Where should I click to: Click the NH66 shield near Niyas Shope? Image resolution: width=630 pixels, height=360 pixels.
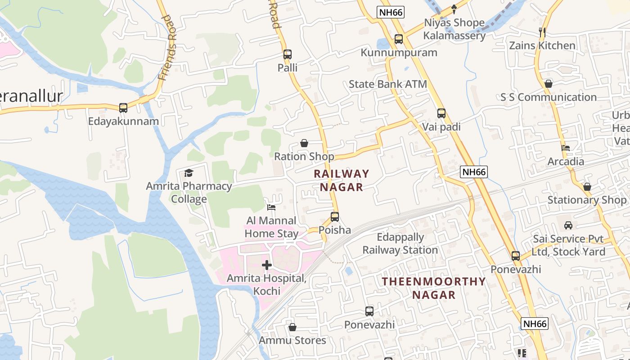390,12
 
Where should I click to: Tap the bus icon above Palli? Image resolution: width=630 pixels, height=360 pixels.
288,54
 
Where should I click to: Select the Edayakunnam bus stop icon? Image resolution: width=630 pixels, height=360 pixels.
123,108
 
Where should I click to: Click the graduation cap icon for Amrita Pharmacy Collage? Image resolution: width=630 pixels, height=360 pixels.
189,173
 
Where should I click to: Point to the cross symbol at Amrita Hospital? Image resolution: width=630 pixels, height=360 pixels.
267,265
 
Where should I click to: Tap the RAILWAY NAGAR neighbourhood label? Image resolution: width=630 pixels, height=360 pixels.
341,180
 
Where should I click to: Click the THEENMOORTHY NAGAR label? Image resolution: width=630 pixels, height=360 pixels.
434,288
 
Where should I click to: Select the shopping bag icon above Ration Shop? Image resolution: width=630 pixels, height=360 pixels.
304,144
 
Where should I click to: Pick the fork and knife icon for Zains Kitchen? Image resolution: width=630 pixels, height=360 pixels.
542,32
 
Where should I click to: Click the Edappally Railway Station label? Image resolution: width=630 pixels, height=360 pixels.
400,244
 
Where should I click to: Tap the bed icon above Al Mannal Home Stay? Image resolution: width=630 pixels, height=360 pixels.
271,207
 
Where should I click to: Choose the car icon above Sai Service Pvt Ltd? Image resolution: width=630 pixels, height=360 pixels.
568,225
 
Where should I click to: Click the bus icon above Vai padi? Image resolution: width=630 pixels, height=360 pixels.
441,113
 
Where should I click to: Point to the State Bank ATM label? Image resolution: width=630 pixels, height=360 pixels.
388,84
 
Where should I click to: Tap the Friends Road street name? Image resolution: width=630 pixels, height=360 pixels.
168,47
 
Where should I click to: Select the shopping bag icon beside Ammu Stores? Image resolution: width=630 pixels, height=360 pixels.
292,327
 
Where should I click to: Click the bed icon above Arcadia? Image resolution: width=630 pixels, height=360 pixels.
566,148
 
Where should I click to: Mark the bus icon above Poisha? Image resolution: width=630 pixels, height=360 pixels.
335,217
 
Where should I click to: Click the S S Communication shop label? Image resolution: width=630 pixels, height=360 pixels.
549,97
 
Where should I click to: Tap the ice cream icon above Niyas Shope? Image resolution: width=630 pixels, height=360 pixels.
454,9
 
